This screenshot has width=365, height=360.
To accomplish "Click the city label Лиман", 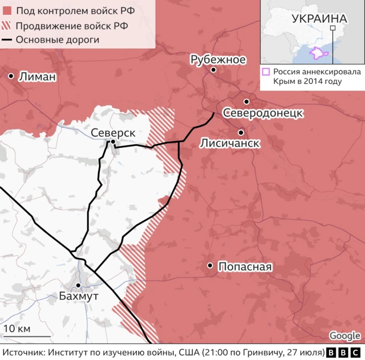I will coord(38,76).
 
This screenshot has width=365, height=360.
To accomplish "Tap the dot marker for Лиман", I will coord(11,76).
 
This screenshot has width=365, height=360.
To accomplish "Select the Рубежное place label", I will coord(218,59).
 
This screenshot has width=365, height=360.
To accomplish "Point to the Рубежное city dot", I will coord(213,70).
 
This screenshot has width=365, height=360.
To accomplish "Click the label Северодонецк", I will coord(262,112).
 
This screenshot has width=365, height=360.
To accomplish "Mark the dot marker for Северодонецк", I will coord(246,102).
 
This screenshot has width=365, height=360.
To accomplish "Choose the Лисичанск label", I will coord(230,143).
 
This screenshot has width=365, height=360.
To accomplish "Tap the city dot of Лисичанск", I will coord(241,132).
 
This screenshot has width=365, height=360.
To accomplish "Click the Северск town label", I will coord(113,132).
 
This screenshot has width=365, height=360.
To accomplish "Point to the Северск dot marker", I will coord(113,142).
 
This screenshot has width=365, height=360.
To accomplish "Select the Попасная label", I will coord(245,266).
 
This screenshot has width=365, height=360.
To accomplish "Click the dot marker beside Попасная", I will coord(210,265).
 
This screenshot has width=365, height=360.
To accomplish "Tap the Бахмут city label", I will coord(79,296).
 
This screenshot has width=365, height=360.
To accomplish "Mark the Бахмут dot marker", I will coord(79,285).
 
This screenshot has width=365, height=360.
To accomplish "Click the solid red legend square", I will coord(7,11).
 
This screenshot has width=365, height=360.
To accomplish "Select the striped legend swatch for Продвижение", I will coord(7,26).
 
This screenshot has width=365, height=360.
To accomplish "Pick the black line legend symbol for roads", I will coord(7,40).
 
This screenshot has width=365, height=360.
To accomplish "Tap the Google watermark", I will coord(344,336).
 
